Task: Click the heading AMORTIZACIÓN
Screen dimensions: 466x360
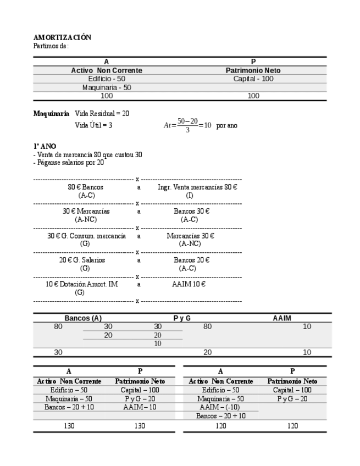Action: coord(62,37)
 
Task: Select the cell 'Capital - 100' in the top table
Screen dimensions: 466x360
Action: coord(253,79)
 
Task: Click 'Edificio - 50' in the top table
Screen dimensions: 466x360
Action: coord(107,79)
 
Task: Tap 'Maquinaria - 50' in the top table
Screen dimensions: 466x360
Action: coord(107,87)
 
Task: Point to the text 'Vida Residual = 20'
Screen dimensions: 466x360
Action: coord(102,113)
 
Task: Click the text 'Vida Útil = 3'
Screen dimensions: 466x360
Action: coord(93,125)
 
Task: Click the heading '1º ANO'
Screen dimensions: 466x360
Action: coord(45,146)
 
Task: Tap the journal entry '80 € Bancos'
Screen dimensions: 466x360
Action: coord(85,187)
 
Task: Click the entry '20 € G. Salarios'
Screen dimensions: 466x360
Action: coord(82,260)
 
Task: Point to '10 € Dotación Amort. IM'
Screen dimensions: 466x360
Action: coord(81,284)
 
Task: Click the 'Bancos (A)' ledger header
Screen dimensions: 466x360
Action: coord(83,318)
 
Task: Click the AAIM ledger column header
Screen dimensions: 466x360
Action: coord(281,318)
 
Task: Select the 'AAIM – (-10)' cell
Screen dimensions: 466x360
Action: coord(220,407)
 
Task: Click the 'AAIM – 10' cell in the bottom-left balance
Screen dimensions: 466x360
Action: coord(140,407)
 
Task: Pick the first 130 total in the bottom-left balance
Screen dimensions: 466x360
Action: coord(69,425)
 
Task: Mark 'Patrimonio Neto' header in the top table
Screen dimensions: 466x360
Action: coord(253,70)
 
